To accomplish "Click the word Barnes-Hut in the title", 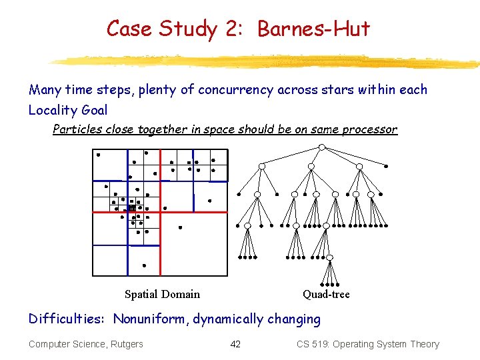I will pos(313,29).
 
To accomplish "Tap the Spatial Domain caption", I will pos(162,294).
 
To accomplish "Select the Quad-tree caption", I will pos(326,294).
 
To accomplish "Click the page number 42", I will pos(235,344).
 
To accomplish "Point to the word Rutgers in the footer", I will pos(125,344).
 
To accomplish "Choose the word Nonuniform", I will pos(151,319).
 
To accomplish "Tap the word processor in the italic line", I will pos(369,129).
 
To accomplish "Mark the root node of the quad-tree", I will pos(321,147).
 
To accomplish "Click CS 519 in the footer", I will pos(313,344).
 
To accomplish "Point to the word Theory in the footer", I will pos(425,344).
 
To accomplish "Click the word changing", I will pos(294,319).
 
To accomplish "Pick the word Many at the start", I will pos(45,90).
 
